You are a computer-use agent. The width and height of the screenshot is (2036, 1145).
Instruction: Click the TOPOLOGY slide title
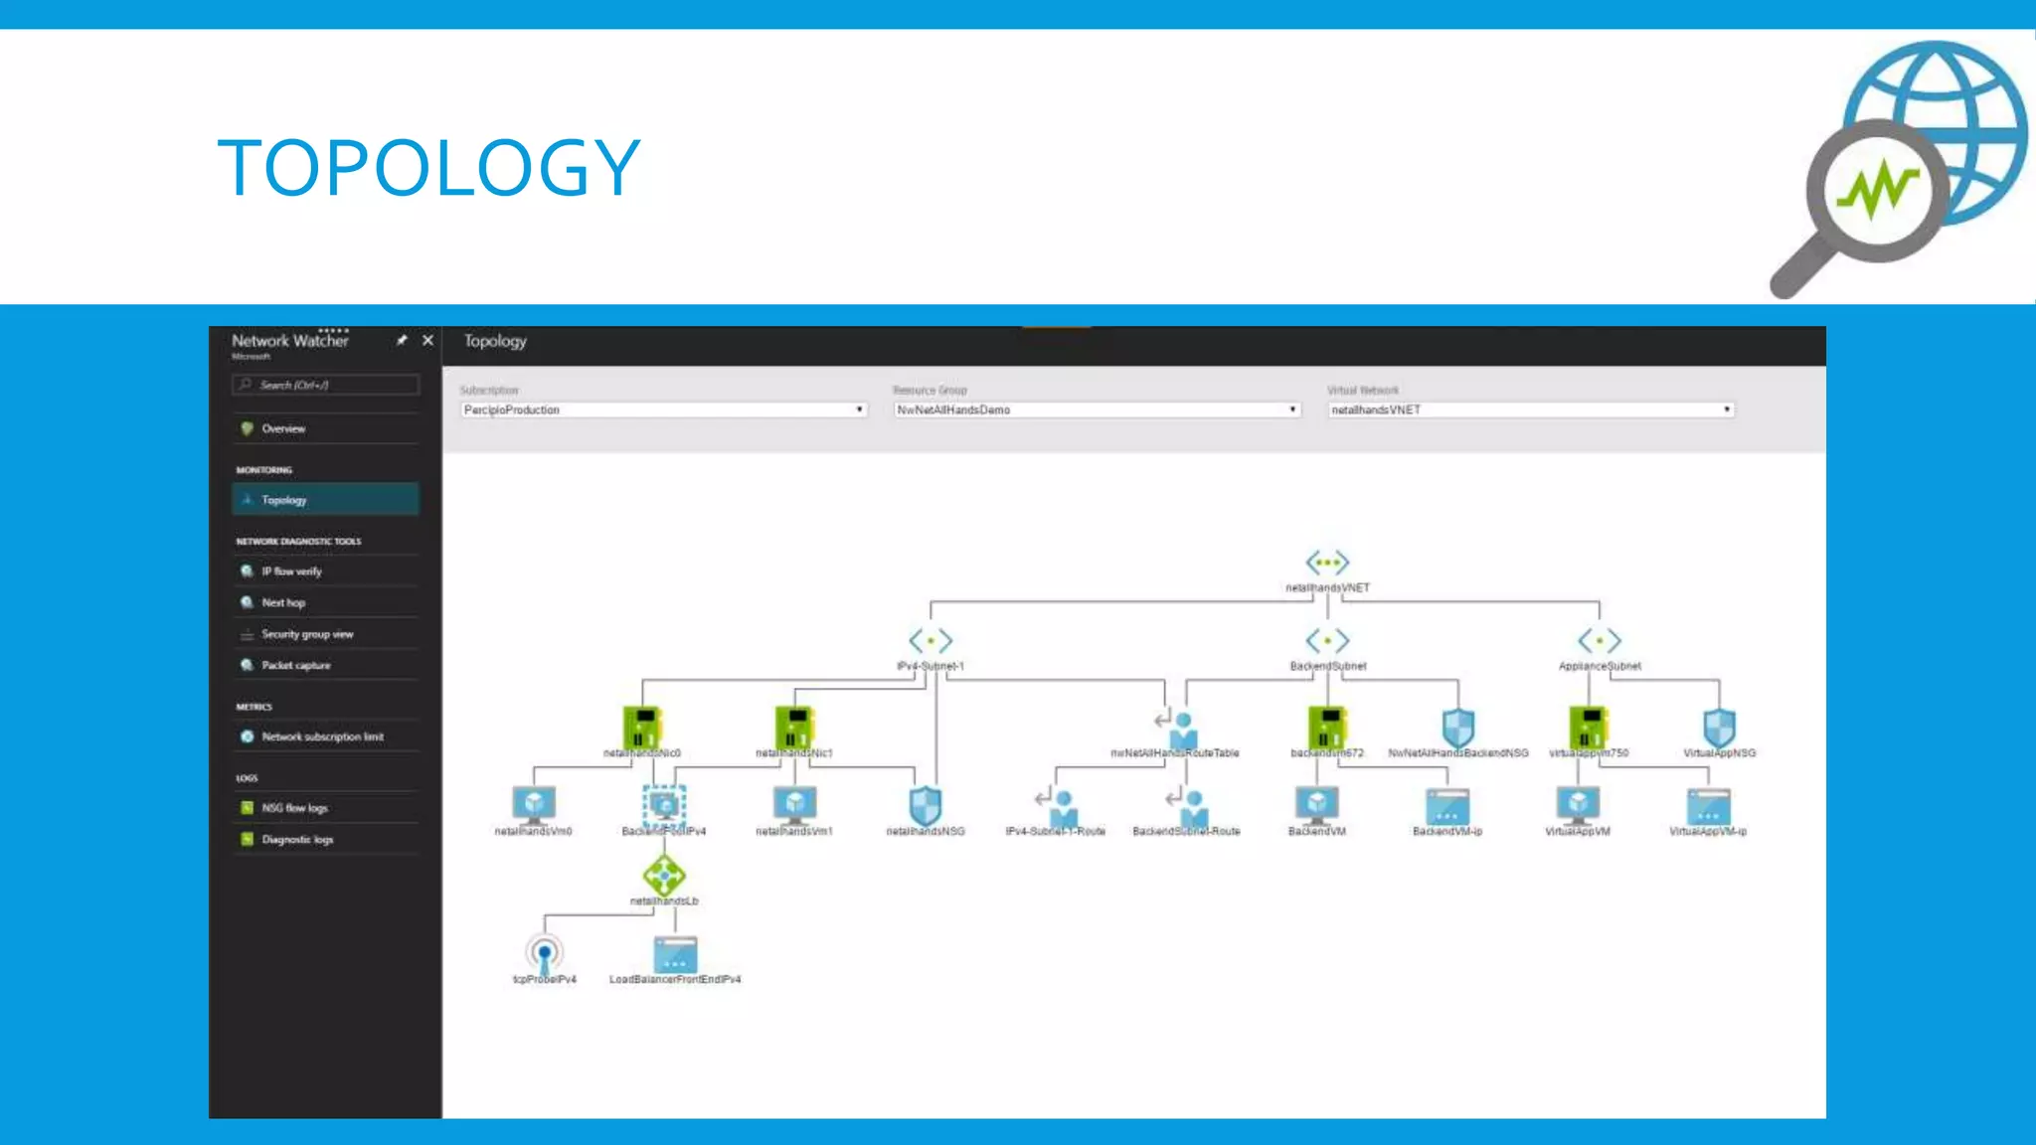click(x=428, y=168)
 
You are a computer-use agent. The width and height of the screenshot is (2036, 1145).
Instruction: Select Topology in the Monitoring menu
click(x=325, y=500)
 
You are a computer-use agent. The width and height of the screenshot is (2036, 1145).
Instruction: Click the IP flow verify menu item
click(x=291, y=572)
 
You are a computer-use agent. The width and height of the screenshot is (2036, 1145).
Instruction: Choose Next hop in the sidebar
click(x=283, y=602)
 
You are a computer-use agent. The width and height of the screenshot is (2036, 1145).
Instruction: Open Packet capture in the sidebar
click(x=295, y=665)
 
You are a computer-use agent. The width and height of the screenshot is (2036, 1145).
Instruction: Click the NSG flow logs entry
click(x=294, y=808)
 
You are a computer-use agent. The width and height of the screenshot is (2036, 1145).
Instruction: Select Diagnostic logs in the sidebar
click(x=297, y=840)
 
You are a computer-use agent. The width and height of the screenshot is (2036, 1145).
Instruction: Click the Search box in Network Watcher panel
click(x=326, y=385)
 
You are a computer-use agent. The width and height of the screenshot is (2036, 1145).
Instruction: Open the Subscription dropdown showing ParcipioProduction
click(x=663, y=409)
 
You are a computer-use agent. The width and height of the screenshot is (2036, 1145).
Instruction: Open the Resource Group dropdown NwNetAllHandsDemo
click(x=1097, y=409)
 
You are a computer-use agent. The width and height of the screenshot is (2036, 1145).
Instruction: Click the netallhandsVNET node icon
click(x=1327, y=564)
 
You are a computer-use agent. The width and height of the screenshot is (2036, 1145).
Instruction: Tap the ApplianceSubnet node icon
click(x=1600, y=641)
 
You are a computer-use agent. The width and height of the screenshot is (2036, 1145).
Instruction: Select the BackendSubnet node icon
click(x=1327, y=641)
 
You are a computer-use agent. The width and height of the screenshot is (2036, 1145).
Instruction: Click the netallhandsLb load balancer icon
click(x=664, y=876)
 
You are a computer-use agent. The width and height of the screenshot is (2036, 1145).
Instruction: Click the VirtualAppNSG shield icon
click(x=1719, y=728)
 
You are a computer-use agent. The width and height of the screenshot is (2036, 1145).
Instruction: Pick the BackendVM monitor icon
click(x=1317, y=804)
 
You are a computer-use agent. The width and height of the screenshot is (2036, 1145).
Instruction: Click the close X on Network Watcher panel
click(x=427, y=340)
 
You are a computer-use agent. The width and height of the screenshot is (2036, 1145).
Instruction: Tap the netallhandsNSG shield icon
click(x=926, y=804)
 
